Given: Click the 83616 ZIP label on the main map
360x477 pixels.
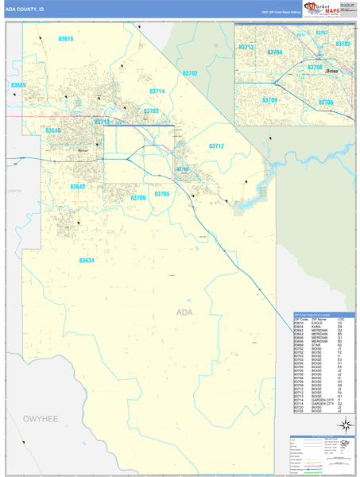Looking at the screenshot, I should tap(66, 39).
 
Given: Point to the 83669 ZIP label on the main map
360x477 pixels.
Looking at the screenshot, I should tap(19, 85).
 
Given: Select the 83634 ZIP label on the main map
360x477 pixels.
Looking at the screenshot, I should tap(87, 260).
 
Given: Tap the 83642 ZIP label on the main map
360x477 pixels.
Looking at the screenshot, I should tap(77, 186).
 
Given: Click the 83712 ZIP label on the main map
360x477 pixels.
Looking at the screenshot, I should tap(216, 146).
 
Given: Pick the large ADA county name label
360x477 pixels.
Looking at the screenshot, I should tap(184, 312).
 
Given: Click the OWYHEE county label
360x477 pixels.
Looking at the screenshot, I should tap(41, 417).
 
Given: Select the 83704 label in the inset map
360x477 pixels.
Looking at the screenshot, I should tap(275, 52).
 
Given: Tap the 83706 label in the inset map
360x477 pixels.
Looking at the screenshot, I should tap(315, 68).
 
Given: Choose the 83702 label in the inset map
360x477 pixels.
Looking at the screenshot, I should tap(343, 44).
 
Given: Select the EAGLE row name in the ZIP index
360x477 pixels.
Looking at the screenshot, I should tap(317, 323).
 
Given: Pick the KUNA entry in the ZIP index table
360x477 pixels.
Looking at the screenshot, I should tap(315, 327).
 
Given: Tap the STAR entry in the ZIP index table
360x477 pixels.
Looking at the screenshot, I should tap(315, 345).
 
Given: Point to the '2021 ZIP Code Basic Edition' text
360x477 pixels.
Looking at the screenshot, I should tap(281, 13).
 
